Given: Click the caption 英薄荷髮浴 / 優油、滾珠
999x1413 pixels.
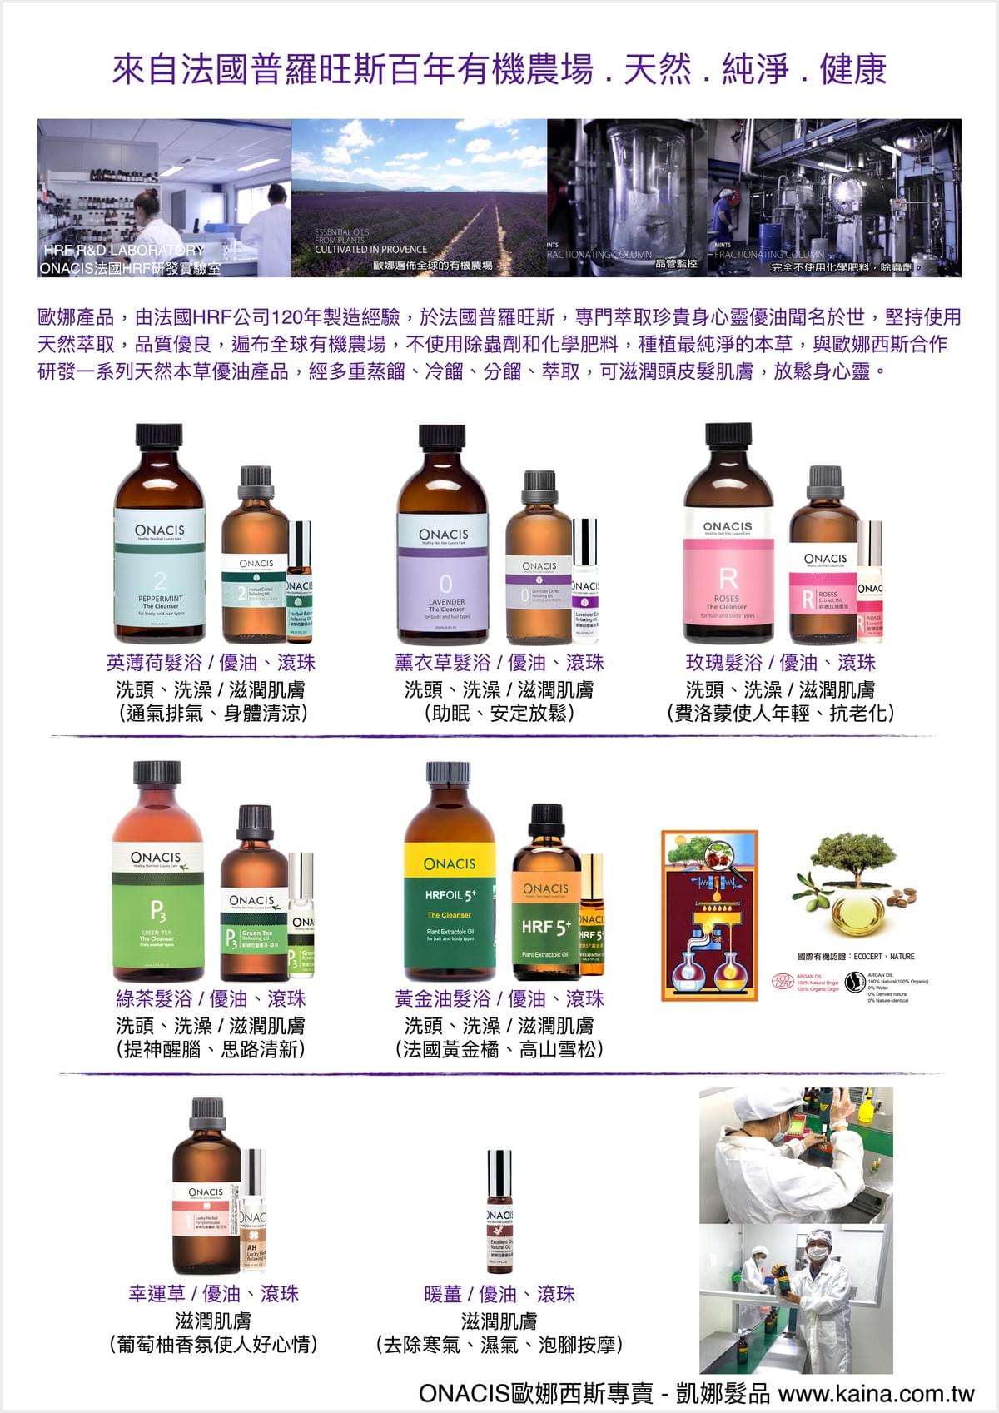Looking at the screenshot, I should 211,663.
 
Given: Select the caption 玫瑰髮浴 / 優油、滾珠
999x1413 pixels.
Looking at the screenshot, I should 780,663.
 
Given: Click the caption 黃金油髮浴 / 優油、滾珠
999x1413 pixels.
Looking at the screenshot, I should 499,998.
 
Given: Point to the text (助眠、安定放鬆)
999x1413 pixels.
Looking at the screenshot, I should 499,714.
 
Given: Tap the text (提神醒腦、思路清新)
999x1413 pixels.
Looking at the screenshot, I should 211,1049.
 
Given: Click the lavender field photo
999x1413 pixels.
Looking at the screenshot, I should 419,197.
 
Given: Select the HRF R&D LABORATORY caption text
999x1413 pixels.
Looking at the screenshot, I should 124,250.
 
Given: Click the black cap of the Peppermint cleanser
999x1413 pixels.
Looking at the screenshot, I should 159,435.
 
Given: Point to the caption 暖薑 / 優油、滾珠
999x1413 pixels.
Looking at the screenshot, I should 499,1294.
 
